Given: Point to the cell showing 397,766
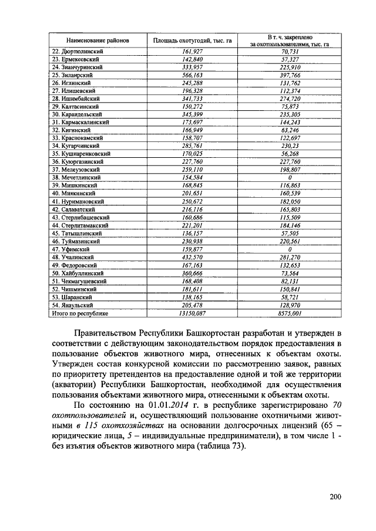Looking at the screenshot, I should click(x=290, y=75).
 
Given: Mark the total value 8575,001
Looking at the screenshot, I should click(x=290, y=313).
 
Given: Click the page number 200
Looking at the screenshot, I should click(x=335, y=498).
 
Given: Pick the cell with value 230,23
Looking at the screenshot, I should click(x=290, y=145).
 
